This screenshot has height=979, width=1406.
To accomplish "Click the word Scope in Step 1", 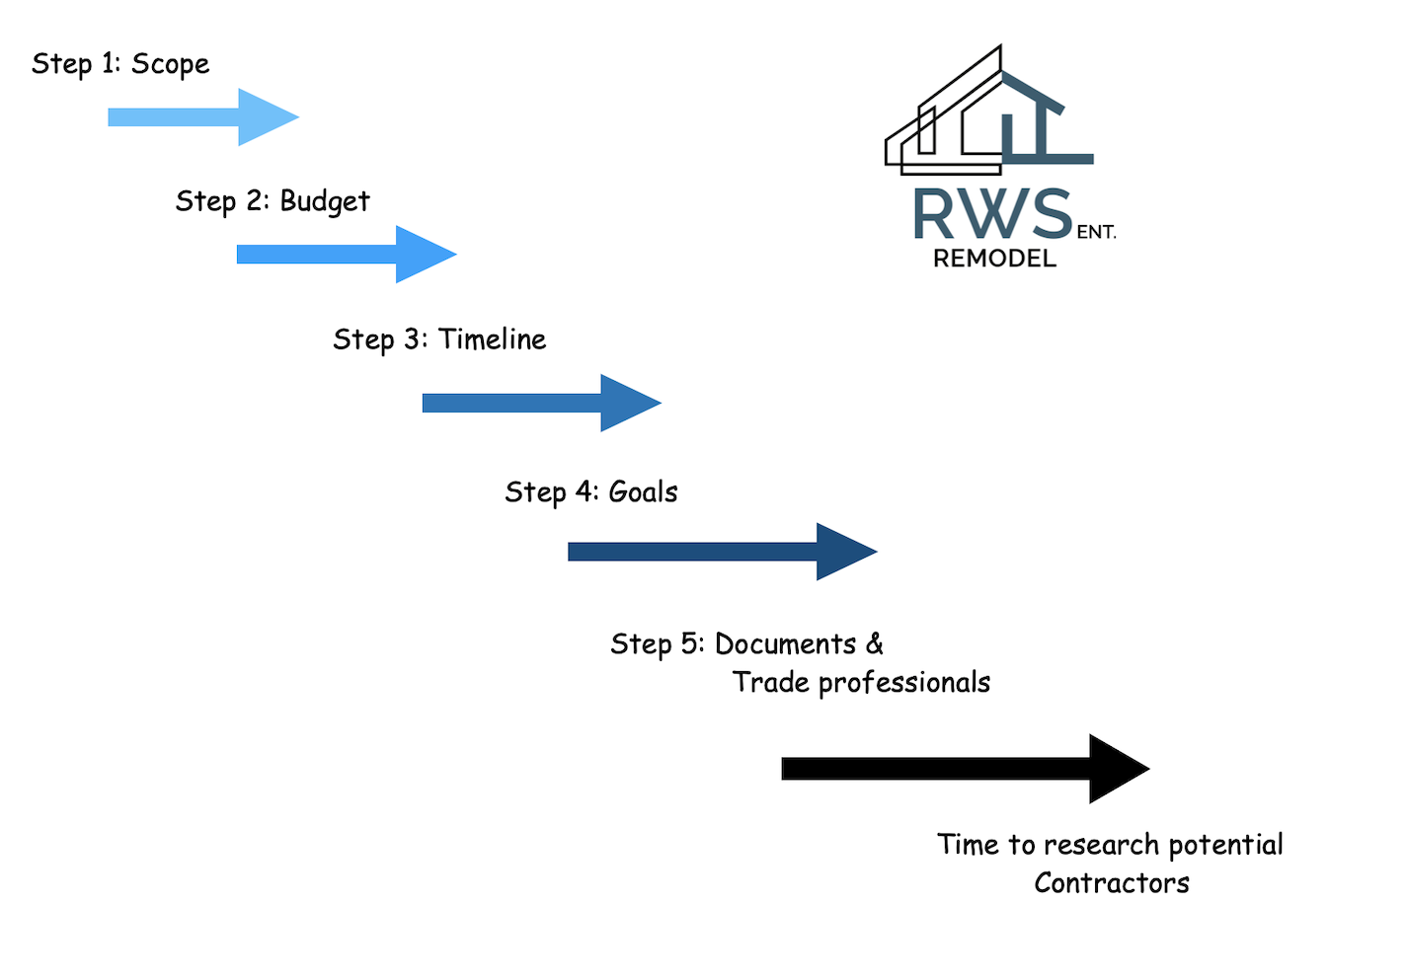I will (x=170, y=64).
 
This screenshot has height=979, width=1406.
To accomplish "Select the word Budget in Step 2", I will (x=325, y=201).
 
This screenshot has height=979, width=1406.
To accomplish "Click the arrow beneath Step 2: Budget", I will (x=346, y=255).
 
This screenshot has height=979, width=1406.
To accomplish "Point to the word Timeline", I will (x=492, y=339).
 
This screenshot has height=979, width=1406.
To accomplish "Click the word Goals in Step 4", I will (x=643, y=491).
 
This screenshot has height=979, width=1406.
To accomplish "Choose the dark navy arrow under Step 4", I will (x=722, y=552).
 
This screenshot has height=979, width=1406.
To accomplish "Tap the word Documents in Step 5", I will (x=785, y=644).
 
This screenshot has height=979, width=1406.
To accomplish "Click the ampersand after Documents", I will (x=875, y=644).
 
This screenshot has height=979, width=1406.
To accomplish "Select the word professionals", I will (x=903, y=683).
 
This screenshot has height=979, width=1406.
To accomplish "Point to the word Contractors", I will (x=1111, y=883).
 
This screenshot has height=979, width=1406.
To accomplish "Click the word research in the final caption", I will (x=1101, y=845).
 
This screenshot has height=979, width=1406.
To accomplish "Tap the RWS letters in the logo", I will (x=991, y=214).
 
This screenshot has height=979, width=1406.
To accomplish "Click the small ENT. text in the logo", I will (x=1096, y=233).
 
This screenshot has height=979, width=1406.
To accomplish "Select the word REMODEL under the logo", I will (x=994, y=259).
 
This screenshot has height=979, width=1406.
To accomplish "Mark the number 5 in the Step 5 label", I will (x=689, y=644).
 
